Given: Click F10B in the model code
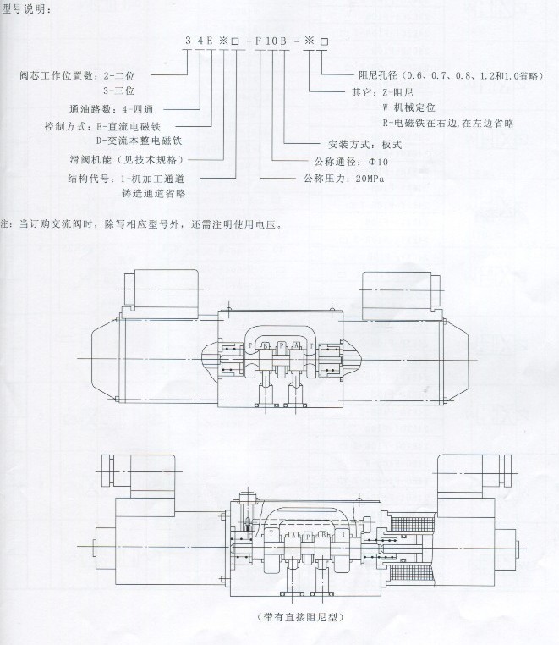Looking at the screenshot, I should (x=271, y=41).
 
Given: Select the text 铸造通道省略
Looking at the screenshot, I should (x=153, y=194).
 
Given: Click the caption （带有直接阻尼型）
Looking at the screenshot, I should (x=290, y=617).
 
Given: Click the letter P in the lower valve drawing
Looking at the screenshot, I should (x=299, y=537).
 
